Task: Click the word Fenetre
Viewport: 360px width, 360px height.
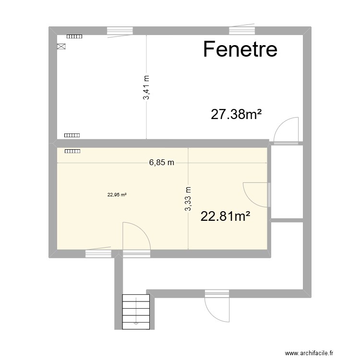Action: point(240,49)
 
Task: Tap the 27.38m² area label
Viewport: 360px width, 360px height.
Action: point(236,114)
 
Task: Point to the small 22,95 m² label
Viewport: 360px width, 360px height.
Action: point(117,195)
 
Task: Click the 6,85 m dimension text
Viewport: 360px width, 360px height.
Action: point(161,162)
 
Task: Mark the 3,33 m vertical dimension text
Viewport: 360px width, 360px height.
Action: point(188,199)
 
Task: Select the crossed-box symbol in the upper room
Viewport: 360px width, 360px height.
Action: point(61,47)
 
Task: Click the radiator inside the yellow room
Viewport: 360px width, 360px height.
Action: point(72,151)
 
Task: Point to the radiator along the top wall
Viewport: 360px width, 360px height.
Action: point(74,36)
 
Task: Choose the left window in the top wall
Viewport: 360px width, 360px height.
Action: point(120,31)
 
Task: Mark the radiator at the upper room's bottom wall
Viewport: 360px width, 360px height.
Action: point(72,135)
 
